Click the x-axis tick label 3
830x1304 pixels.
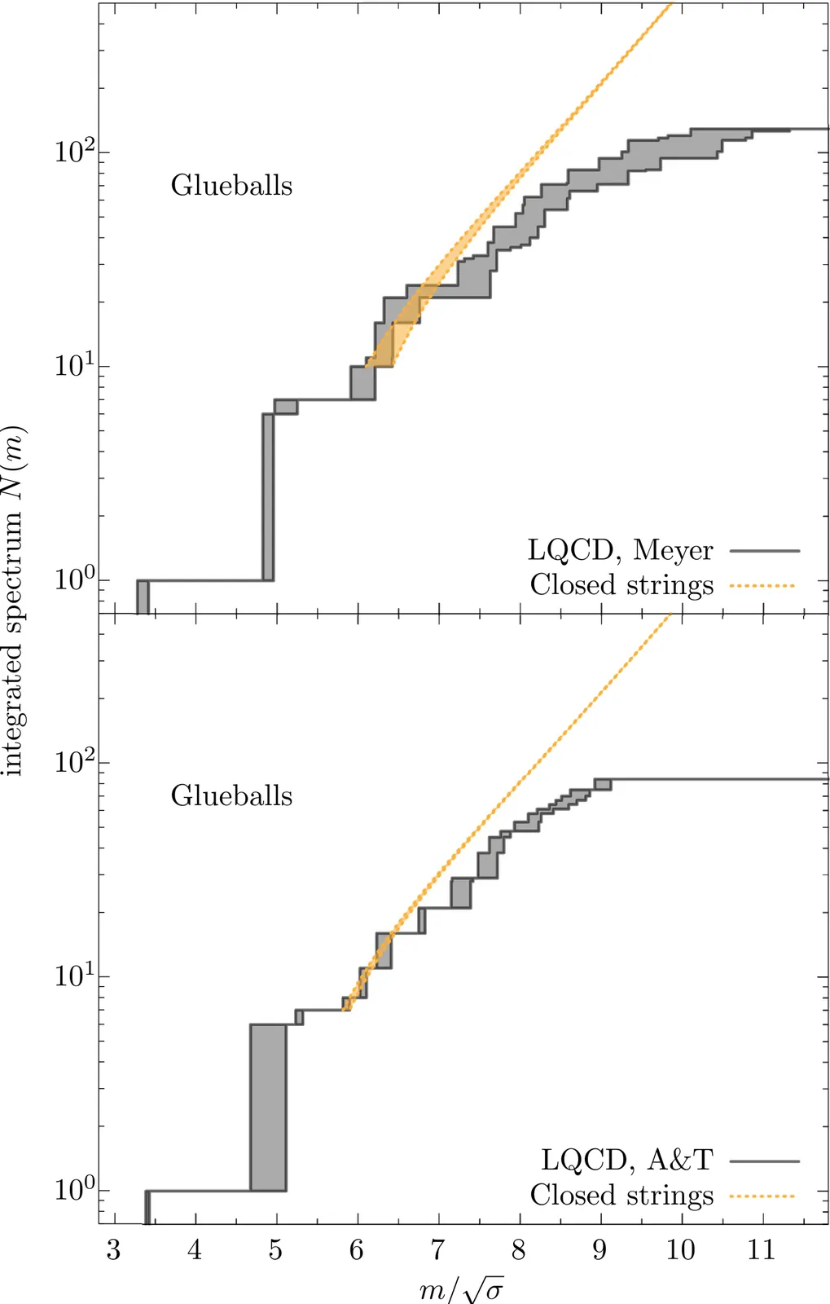[x=113, y=1250]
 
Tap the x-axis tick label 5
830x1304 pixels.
[x=275, y=1250]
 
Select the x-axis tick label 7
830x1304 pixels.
[x=437, y=1250]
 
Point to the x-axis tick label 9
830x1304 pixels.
[x=599, y=1250]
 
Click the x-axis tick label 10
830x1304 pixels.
[x=680, y=1250]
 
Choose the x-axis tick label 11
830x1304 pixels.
[x=761, y=1250]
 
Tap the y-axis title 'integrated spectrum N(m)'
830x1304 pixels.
[x=14, y=601]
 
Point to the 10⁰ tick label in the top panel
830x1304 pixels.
[x=74, y=579]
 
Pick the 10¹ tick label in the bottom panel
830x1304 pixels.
[x=74, y=975]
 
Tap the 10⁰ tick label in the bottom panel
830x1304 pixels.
[x=74, y=1188]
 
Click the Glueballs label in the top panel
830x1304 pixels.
[x=231, y=186]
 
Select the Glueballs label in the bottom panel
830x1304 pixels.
[x=231, y=796]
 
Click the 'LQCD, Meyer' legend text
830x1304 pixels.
[x=620, y=550]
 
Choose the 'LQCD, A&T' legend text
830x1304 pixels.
[x=626, y=1160]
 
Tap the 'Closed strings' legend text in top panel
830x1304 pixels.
[x=621, y=585]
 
